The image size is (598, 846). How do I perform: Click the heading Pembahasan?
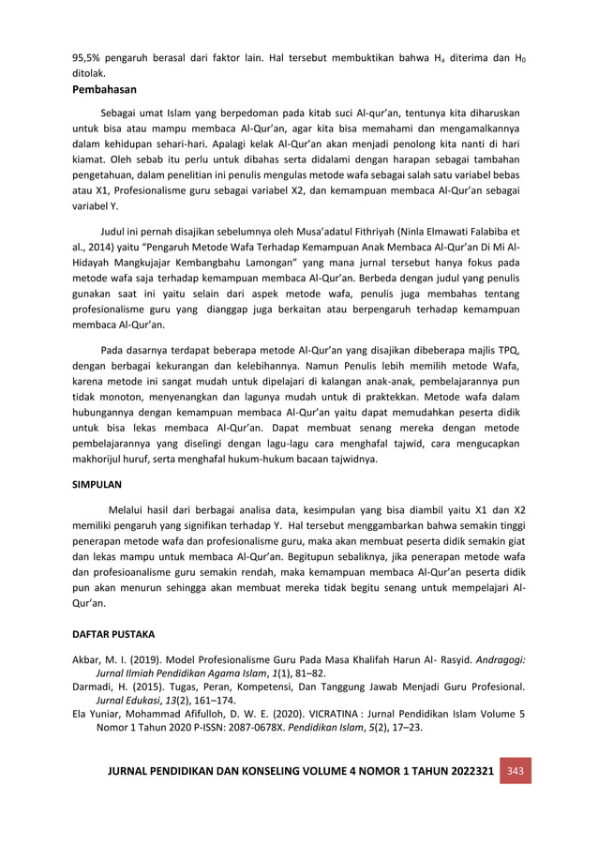[105, 90]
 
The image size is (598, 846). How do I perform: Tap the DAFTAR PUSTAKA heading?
[113, 636]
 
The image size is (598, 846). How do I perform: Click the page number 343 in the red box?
[516, 770]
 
